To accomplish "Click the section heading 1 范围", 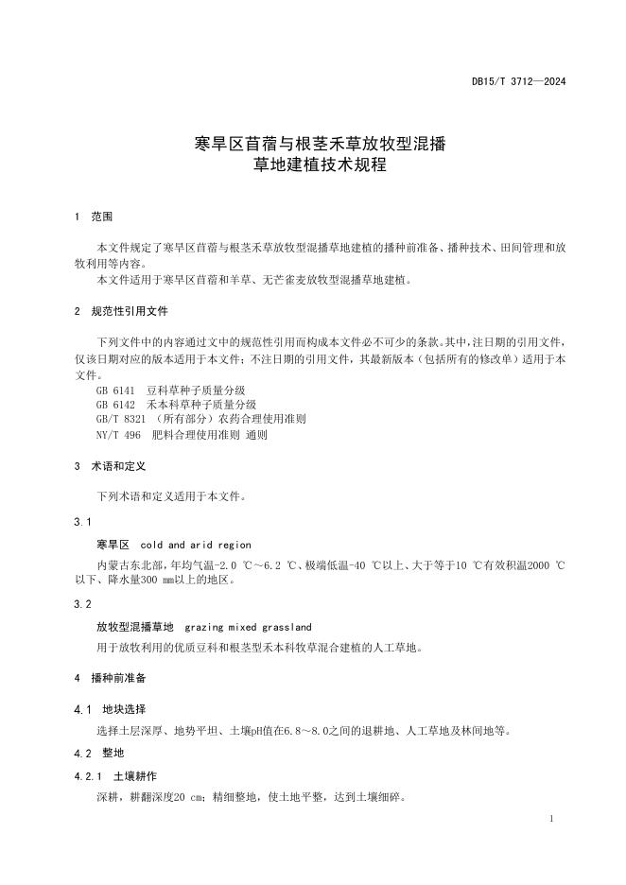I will point(94,217).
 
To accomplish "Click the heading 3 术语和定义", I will point(110,467).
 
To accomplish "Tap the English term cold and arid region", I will point(196,545).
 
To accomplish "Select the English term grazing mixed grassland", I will point(248,627).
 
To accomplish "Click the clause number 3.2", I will point(81,603).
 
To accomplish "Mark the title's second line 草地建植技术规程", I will point(313,165).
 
